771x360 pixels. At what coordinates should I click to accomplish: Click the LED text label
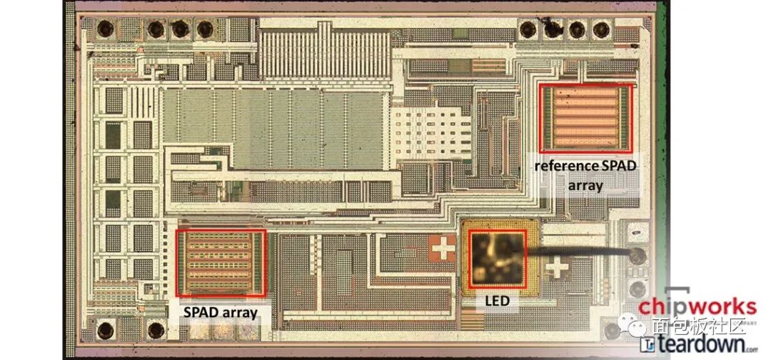tap(497, 300)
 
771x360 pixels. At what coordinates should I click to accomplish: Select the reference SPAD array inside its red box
tap(585, 118)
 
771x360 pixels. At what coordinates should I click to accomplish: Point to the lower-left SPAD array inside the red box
tap(221, 263)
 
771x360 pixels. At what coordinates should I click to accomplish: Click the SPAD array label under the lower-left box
tap(221, 312)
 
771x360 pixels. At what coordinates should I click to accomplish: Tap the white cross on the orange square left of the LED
tap(443, 248)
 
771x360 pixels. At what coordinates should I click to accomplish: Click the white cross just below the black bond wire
tap(557, 269)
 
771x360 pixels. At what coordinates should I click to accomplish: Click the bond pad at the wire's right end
tap(638, 254)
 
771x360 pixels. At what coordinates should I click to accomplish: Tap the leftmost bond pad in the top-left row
tap(105, 29)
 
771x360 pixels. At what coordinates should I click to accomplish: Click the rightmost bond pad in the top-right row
tap(601, 30)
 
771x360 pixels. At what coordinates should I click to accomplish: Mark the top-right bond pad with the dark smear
tap(553, 29)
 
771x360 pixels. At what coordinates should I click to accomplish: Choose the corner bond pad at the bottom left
tap(105, 329)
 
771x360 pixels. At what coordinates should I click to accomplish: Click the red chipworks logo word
tap(697, 306)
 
